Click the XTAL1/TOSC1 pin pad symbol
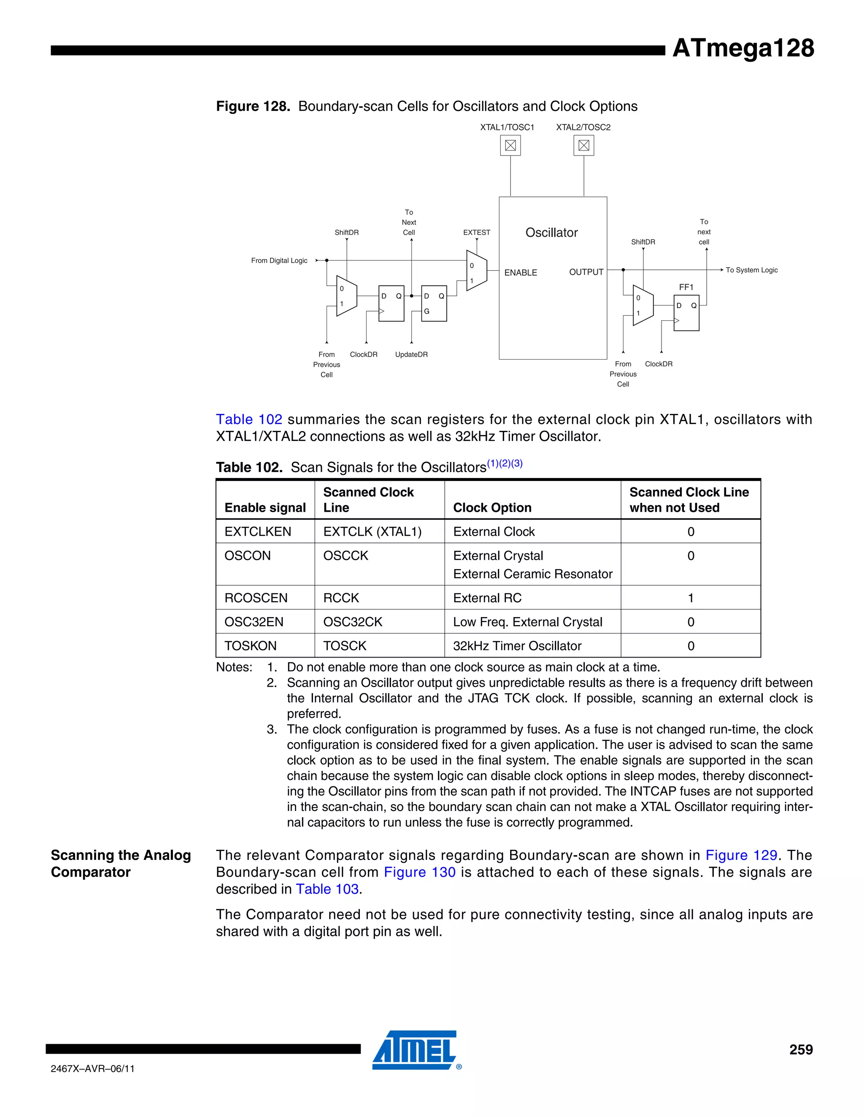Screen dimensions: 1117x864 pos(510,146)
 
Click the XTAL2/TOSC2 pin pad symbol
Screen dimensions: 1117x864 pos(583,146)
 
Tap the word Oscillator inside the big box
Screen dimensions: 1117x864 pos(551,233)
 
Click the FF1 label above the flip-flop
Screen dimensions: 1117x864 pos(686,287)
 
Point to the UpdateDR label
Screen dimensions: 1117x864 pos(411,354)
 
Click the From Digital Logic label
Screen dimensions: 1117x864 pos(279,260)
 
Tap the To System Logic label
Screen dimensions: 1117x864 pos(751,270)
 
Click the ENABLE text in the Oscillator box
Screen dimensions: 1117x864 pos(521,273)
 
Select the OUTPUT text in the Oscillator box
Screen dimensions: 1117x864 pos(586,272)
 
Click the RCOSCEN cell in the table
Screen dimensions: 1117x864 pos(256,598)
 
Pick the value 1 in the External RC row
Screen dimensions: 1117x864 pos(691,598)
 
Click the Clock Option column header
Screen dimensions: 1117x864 pos(492,507)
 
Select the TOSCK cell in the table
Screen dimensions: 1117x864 pos(345,646)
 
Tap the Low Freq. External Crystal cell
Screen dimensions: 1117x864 pos(527,622)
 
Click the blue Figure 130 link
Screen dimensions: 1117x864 pos(419,872)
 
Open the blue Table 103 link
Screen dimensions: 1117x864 pos(327,889)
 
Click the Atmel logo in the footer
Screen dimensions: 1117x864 pos(416,1050)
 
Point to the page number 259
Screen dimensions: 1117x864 pos(801,1050)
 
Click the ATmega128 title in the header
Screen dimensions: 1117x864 pos(742,48)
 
